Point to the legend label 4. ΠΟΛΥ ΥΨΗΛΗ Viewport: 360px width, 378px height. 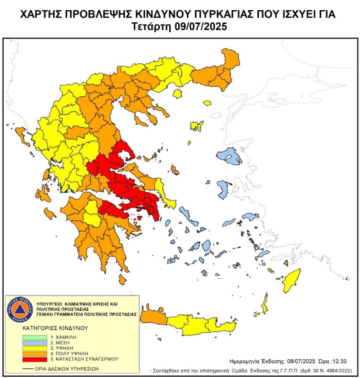(68, 354)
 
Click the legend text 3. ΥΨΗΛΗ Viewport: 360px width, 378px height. (61, 348)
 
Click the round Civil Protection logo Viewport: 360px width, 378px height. (20, 310)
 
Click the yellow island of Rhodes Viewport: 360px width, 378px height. (291, 282)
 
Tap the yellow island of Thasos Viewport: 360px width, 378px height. (206, 102)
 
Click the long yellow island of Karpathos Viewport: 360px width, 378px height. (265, 304)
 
